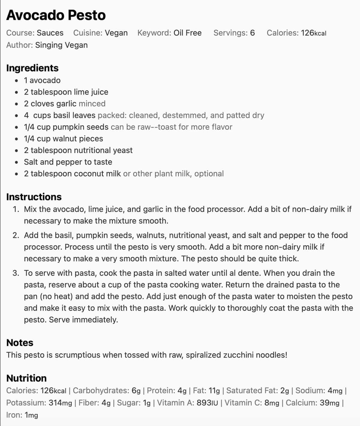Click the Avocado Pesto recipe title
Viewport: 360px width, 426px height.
point(56,15)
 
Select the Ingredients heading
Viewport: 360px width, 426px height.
point(32,68)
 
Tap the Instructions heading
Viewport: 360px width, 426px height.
point(34,197)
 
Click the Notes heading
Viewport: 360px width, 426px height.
point(20,343)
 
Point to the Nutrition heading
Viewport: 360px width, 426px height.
point(26,378)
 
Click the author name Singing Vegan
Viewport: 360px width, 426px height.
point(61,45)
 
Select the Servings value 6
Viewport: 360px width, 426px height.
point(252,33)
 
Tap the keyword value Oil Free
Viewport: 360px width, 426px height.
point(187,33)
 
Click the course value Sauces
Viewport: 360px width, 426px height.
point(50,33)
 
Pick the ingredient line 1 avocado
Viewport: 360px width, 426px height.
point(42,80)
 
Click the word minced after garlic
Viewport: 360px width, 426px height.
point(92,104)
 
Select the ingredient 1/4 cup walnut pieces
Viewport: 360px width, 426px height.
point(63,139)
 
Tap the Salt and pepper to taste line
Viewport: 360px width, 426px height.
point(68,162)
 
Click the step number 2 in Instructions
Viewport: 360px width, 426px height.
point(16,235)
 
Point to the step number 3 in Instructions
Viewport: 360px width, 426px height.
point(16,273)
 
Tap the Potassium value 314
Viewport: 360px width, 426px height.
point(55,403)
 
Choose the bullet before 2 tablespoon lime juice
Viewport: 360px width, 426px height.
point(16,92)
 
